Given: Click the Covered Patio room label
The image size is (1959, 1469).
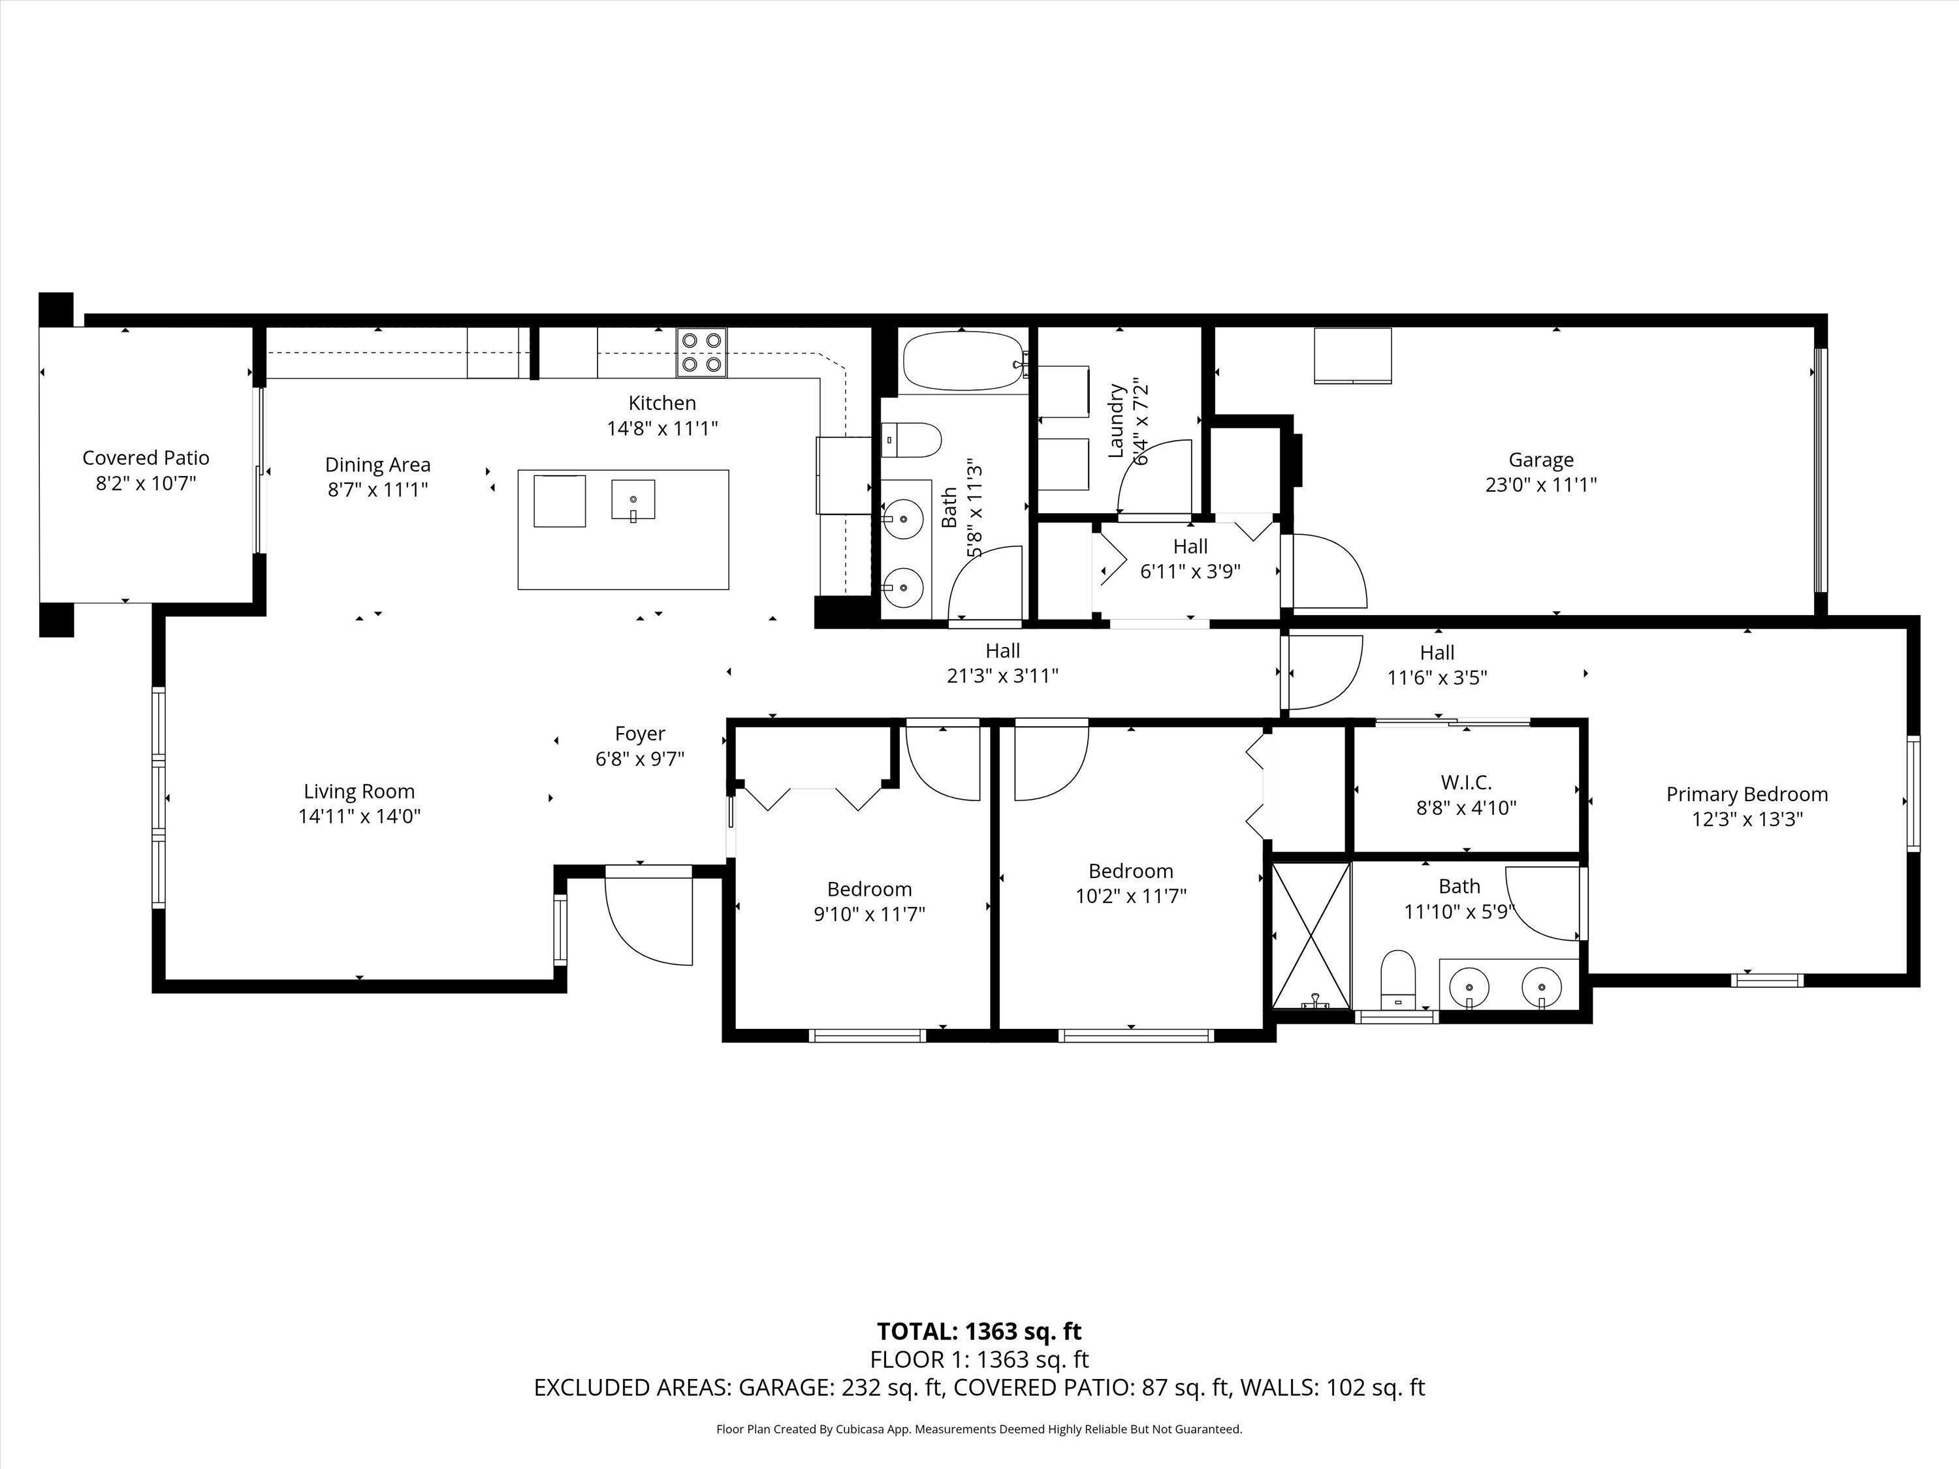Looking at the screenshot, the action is point(146,458).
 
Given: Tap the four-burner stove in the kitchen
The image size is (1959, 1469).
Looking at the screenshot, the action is point(702,353).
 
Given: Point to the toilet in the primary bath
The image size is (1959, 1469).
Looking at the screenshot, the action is point(1399,979).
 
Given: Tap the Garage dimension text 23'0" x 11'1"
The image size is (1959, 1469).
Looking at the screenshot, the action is point(1541,484).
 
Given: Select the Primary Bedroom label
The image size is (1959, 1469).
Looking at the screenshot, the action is point(1747,795).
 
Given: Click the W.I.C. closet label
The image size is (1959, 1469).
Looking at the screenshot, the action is point(1467,783).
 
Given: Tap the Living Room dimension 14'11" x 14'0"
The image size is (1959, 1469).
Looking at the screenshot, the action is point(360,815).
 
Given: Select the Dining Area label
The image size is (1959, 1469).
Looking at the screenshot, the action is point(378,465).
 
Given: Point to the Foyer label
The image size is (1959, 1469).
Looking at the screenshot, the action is point(641,733).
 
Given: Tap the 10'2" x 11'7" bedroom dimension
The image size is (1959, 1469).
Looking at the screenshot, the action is point(1131,895).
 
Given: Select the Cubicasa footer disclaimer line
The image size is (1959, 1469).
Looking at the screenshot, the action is point(979,1429).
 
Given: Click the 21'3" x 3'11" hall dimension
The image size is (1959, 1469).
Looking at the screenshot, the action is point(1002,676).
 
